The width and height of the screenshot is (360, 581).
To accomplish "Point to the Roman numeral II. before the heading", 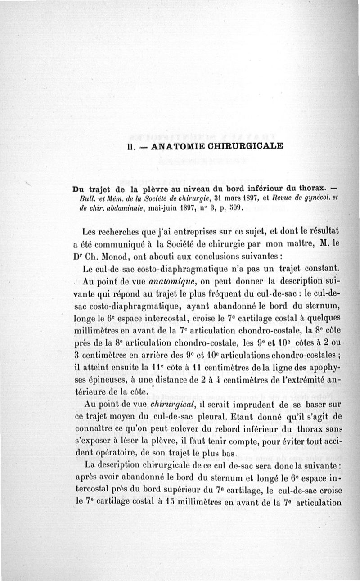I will [131, 146].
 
